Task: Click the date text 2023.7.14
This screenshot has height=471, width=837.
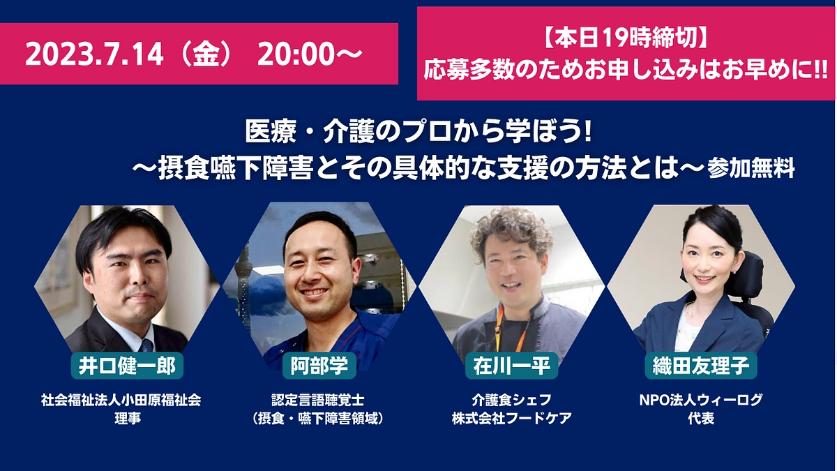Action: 94,54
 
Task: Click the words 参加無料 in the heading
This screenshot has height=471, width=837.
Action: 751,170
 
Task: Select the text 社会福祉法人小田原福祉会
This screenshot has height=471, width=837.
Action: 121,400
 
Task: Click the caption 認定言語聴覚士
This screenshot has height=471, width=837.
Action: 318,400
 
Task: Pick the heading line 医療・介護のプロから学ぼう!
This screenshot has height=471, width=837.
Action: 418,132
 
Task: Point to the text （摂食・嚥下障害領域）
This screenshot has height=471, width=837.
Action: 318,419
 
